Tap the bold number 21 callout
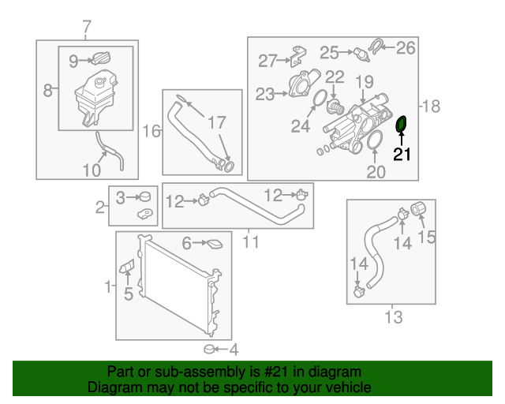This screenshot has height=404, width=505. (x=402, y=155)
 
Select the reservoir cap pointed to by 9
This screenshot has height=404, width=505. (x=101, y=58)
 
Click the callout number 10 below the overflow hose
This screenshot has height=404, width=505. (x=92, y=170)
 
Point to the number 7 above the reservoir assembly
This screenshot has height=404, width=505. (x=87, y=27)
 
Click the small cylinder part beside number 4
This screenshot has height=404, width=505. (x=210, y=349)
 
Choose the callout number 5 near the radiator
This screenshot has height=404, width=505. (x=129, y=294)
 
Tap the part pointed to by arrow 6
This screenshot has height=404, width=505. (x=215, y=244)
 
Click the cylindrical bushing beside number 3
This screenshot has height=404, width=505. (x=145, y=196)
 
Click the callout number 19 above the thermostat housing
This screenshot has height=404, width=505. (x=365, y=82)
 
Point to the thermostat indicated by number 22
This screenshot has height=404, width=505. (x=335, y=107)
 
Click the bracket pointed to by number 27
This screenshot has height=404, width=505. (x=298, y=56)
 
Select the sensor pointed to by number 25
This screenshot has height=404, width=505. (x=362, y=54)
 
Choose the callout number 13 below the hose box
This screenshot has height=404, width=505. (x=394, y=317)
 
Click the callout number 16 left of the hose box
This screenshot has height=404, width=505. (x=151, y=132)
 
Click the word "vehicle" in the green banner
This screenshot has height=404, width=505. (x=349, y=387)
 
